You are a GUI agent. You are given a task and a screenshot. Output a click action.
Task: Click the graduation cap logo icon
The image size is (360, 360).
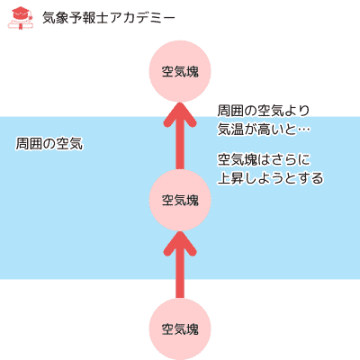point(21,19)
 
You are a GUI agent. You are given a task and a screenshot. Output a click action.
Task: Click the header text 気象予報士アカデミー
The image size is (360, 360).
point(109,18)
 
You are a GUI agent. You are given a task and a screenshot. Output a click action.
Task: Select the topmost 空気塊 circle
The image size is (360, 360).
point(180,71)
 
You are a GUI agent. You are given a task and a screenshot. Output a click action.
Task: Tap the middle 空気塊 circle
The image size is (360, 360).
point(180,200)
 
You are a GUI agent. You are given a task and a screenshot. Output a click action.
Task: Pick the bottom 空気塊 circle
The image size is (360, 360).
point(180,329)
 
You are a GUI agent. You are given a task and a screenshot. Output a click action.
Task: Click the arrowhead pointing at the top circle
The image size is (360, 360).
point(180,114)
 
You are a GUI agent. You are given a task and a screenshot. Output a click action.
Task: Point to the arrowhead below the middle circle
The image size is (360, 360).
point(180,244)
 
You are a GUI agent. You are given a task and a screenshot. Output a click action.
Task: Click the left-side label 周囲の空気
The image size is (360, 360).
point(49,144)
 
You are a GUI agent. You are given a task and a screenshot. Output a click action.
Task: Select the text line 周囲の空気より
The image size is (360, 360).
point(264,111)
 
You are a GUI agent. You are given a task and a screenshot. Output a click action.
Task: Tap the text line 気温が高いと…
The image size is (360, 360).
point(264,130)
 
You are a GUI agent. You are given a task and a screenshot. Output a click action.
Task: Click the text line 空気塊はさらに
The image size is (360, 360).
point(264,159)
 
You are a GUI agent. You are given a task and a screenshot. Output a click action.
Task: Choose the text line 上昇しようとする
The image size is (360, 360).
point(271,178)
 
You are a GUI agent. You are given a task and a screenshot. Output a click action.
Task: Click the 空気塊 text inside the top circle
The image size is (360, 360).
point(180,72)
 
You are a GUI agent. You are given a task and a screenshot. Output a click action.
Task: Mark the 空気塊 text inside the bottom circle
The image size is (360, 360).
point(180,329)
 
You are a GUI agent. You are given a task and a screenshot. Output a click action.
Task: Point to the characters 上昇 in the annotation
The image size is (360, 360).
point(231,178)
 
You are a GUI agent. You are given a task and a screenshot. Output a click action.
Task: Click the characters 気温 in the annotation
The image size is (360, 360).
point(231,130)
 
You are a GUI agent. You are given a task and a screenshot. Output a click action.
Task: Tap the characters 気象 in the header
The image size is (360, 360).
point(56,18)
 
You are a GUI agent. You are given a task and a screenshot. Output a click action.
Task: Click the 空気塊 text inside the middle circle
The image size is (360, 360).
point(180,201)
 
